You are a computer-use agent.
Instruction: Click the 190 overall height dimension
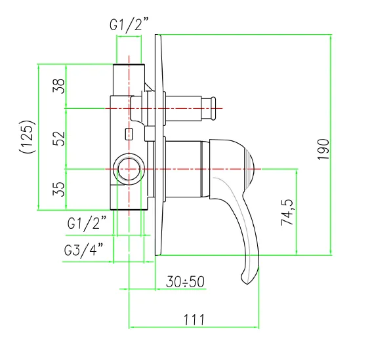coord(323,149)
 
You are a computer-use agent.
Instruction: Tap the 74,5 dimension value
coord(287,212)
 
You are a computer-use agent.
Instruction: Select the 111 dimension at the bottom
coord(194,319)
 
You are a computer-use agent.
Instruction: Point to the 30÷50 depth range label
coord(185,282)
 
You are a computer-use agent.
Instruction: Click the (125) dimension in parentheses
coord(28,137)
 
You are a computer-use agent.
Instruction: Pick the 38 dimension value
coord(58,86)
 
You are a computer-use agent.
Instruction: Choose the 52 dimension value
coord(58,138)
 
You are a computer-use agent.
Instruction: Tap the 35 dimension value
coord(58,189)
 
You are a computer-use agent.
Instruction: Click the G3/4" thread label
coord(83,250)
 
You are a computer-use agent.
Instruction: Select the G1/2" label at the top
coord(129,24)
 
